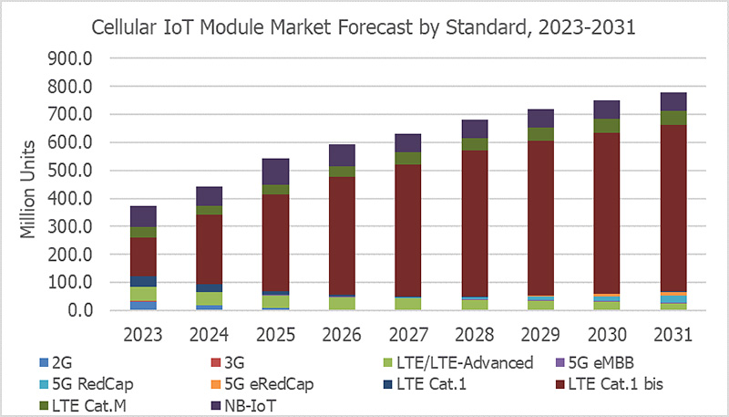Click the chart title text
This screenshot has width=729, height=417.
point(364,27)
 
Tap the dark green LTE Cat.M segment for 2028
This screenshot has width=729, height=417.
point(474,144)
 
